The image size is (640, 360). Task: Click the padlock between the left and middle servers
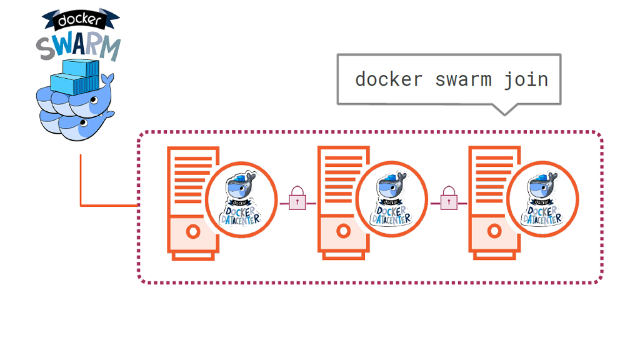click(297, 199)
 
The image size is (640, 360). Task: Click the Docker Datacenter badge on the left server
click(241, 200)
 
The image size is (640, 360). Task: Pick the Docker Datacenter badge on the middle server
click(392, 200)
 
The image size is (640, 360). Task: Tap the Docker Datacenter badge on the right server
click(542, 200)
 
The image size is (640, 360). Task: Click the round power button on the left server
click(192, 232)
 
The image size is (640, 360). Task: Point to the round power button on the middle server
click(343, 232)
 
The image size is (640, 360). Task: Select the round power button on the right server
click(494, 232)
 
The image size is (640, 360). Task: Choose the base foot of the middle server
click(343, 256)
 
